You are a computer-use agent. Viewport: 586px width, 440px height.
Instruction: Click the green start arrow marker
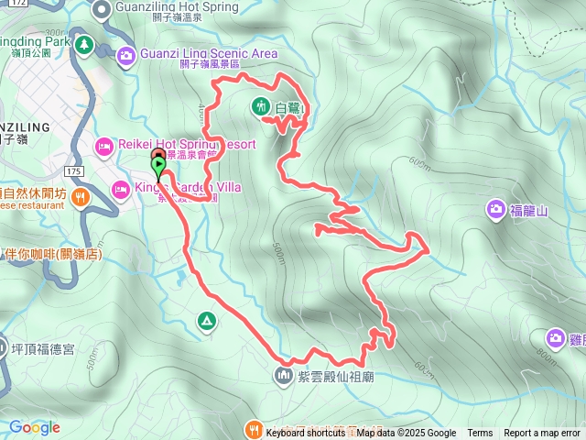coord(158,169)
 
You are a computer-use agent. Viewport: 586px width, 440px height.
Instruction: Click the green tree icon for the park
coord(85,44)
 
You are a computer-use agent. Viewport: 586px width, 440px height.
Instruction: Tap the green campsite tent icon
coord(207,321)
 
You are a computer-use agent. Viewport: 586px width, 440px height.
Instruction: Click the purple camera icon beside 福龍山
coord(495,210)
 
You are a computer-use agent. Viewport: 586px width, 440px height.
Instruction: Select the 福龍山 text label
coord(529,211)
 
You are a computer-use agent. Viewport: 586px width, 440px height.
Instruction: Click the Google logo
coord(35,427)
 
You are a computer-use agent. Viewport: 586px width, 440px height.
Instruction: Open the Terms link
coord(480,434)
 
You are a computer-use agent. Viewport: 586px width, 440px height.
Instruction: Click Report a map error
coord(542,434)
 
